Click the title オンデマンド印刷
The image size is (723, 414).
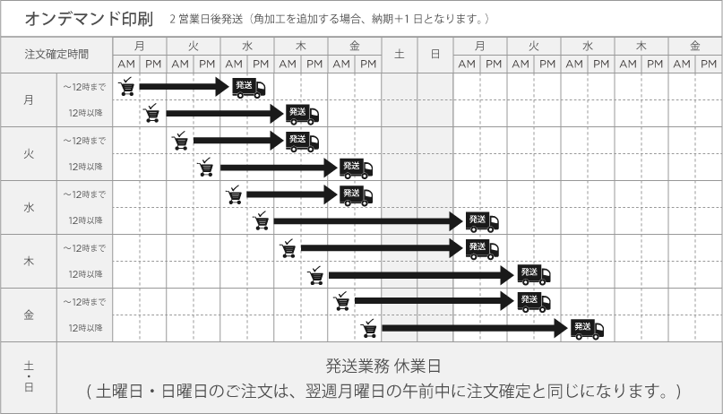(x=89, y=19)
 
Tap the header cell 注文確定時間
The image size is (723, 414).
(x=56, y=55)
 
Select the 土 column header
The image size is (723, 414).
(x=400, y=55)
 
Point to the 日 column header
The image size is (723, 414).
(x=435, y=55)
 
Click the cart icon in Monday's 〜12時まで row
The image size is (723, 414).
(x=126, y=86)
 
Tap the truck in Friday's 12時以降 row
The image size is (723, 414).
(x=587, y=329)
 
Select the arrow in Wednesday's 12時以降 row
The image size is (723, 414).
(x=368, y=221)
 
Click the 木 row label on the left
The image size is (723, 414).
(x=29, y=262)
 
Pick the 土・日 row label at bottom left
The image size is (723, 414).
(x=29, y=376)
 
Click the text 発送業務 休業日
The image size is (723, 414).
(x=383, y=367)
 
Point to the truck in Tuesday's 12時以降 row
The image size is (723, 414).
(x=356, y=168)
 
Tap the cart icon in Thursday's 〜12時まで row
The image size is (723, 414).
(x=288, y=248)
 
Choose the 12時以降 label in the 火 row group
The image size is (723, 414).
(x=85, y=167)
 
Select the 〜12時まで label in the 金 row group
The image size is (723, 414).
(x=84, y=302)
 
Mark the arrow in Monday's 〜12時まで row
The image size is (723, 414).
(x=184, y=86)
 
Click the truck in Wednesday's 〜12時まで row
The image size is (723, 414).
(x=356, y=195)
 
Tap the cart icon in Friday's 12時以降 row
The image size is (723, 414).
(x=369, y=328)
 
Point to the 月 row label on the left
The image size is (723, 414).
(x=29, y=99)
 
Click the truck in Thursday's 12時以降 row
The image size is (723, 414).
(x=534, y=275)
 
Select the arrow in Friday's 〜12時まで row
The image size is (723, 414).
(x=435, y=301)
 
